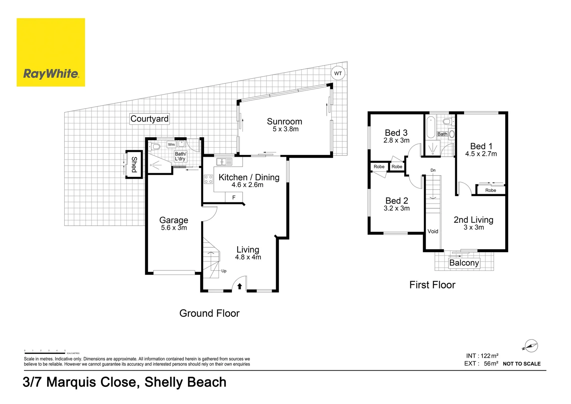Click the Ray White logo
51,52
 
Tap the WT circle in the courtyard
338,73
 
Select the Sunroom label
284,122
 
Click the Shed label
134,165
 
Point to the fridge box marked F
234,198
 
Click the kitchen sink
224,162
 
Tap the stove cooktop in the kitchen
208,179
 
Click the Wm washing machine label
171,144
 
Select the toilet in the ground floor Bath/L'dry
154,146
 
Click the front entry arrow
240,286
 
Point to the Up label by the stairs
224,271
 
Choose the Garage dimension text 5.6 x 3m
174,228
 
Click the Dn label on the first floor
433,170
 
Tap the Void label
433,231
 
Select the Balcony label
464,263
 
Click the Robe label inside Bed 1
491,190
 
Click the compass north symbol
531,346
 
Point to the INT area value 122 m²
490,356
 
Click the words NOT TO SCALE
522,364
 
